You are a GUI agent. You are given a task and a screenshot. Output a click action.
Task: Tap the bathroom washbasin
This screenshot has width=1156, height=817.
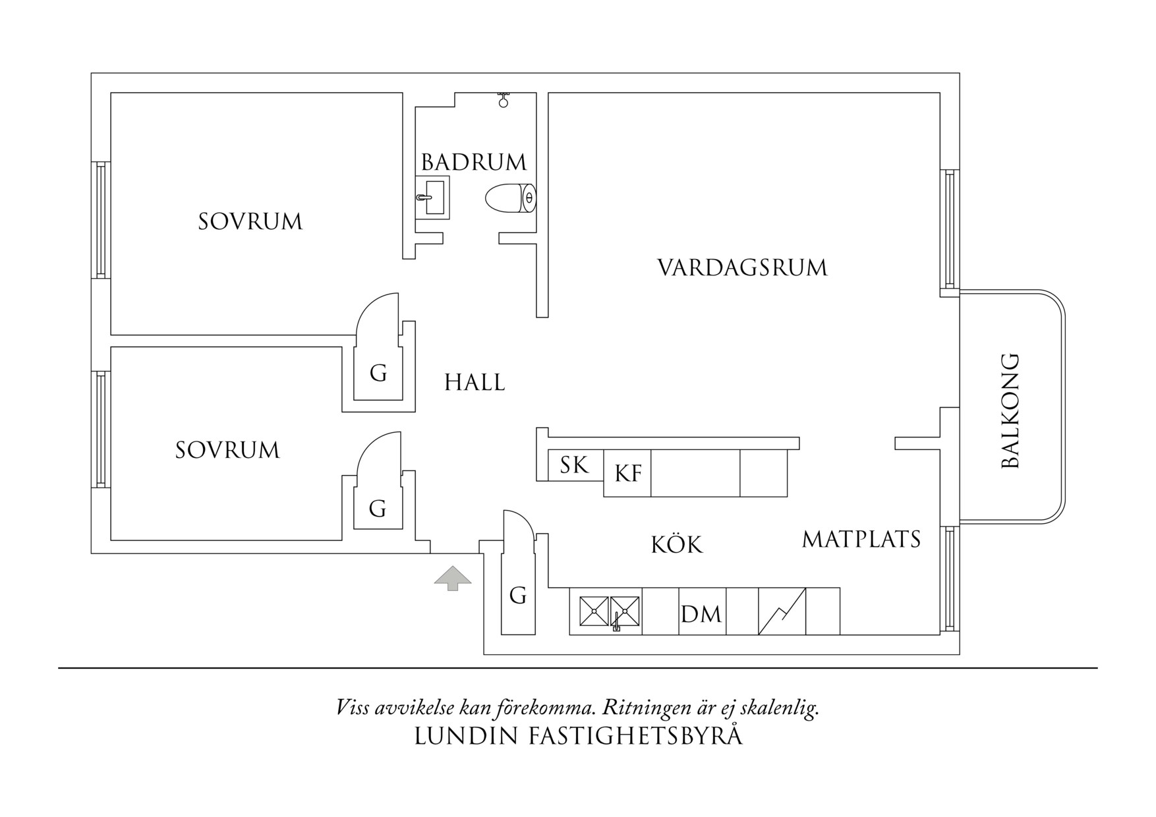coord(433,197)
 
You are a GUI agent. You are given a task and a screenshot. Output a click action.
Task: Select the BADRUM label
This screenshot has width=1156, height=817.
coord(474,162)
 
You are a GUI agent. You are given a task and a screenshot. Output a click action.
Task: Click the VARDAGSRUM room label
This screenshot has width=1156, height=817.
coord(742,268)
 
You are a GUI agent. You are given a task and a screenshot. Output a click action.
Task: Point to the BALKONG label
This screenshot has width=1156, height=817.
coord(1010,410)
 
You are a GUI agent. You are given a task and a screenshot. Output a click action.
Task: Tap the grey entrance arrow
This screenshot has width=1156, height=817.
coord(453,578)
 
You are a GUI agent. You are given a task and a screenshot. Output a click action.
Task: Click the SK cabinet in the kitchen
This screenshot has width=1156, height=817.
coord(574,465)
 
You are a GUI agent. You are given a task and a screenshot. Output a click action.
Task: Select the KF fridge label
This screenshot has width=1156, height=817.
coord(627,473)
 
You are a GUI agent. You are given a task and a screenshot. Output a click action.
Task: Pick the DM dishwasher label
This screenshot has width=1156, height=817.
coord(701,615)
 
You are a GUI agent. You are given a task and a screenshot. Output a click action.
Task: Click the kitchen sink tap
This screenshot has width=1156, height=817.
coord(616,621)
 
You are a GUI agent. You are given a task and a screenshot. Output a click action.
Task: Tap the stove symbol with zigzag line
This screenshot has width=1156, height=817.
coord(782,611)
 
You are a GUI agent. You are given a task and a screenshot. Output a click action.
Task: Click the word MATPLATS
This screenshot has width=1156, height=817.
coord(861,540)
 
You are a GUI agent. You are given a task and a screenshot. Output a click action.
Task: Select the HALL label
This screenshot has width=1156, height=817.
coord(475,382)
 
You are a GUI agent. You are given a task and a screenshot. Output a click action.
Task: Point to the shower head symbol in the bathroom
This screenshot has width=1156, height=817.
coord(504,100)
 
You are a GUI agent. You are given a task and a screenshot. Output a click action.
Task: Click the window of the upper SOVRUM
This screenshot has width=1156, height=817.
coord(100,219)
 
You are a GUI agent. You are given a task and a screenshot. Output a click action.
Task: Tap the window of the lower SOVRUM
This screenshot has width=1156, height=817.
coord(100,430)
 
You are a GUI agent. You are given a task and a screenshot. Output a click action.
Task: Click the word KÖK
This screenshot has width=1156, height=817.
coord(677,545)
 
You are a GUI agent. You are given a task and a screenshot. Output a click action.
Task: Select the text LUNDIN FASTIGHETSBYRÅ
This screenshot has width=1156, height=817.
coord(578,736)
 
